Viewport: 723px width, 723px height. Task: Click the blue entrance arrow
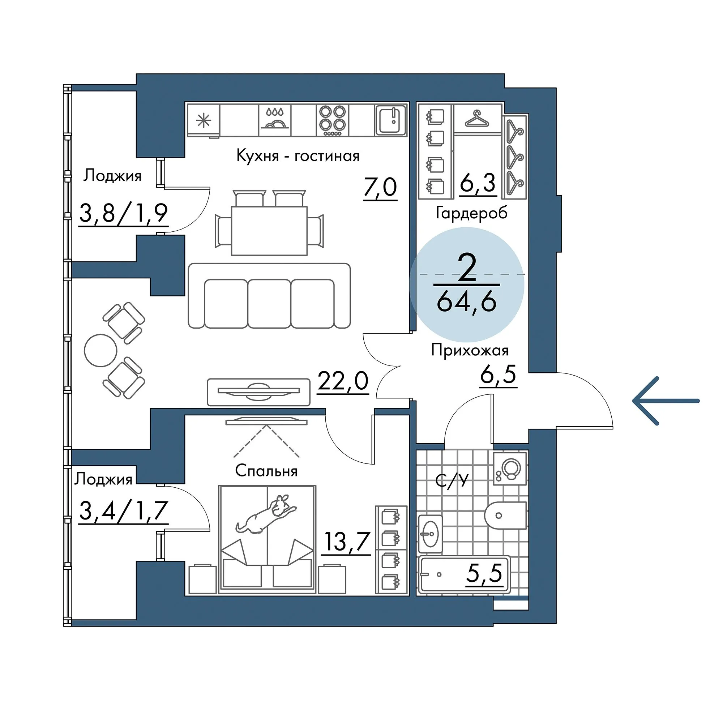(x=666, y=401)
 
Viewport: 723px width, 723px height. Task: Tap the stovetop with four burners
(x=333, y=120)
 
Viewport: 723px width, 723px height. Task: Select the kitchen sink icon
(x=391, y=120)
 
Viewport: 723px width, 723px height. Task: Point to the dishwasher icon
(x=275, y=120)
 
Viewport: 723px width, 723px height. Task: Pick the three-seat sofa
(x=269, y=296)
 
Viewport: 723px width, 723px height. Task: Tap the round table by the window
(x=100, y=350)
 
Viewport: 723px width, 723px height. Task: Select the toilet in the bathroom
(x=506, y=515)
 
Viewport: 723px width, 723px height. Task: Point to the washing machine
(x=510, y=469)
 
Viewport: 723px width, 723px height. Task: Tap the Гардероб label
(x=471, y=213)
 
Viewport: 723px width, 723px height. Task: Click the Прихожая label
(x=470, y=351)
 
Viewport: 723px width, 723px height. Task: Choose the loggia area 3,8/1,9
(x=124, y=214)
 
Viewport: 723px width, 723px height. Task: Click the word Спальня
(x=266, y=471)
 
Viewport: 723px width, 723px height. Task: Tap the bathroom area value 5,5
(x=484, y=573)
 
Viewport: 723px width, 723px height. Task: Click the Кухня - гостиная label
(x=298, y=155)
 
